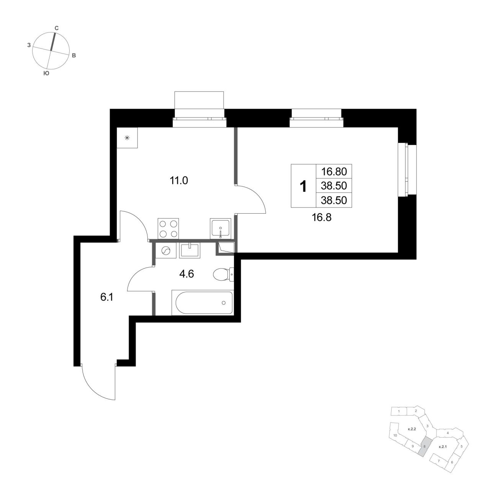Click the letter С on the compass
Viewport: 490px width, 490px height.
tap(57, 28)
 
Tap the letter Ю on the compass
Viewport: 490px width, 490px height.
tap(46, 73)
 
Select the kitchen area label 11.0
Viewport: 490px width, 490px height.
tap(179, 181)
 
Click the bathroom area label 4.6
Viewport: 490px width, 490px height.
tap(186, 274)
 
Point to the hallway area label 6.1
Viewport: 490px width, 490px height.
tap(106, 297)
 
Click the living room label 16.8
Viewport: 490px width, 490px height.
tap(322, 217)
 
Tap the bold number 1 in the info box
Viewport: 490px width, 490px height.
tap(303, 186)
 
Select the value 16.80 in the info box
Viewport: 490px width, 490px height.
tap(333, 171)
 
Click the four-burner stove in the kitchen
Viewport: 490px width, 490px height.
tap(168, 229)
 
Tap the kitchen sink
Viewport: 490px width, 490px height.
tap(220, 229)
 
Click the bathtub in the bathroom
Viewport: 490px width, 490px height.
tap(203, 302)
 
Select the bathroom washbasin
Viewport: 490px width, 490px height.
tap(190, 250)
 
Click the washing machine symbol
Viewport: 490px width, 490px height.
tap(165, 251)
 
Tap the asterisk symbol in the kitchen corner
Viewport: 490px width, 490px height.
tap(127, 138)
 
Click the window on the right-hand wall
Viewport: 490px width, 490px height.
tap(407, 170)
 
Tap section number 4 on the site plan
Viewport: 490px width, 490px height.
tap(448, 433)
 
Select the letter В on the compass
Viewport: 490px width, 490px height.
tap(74, 56)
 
